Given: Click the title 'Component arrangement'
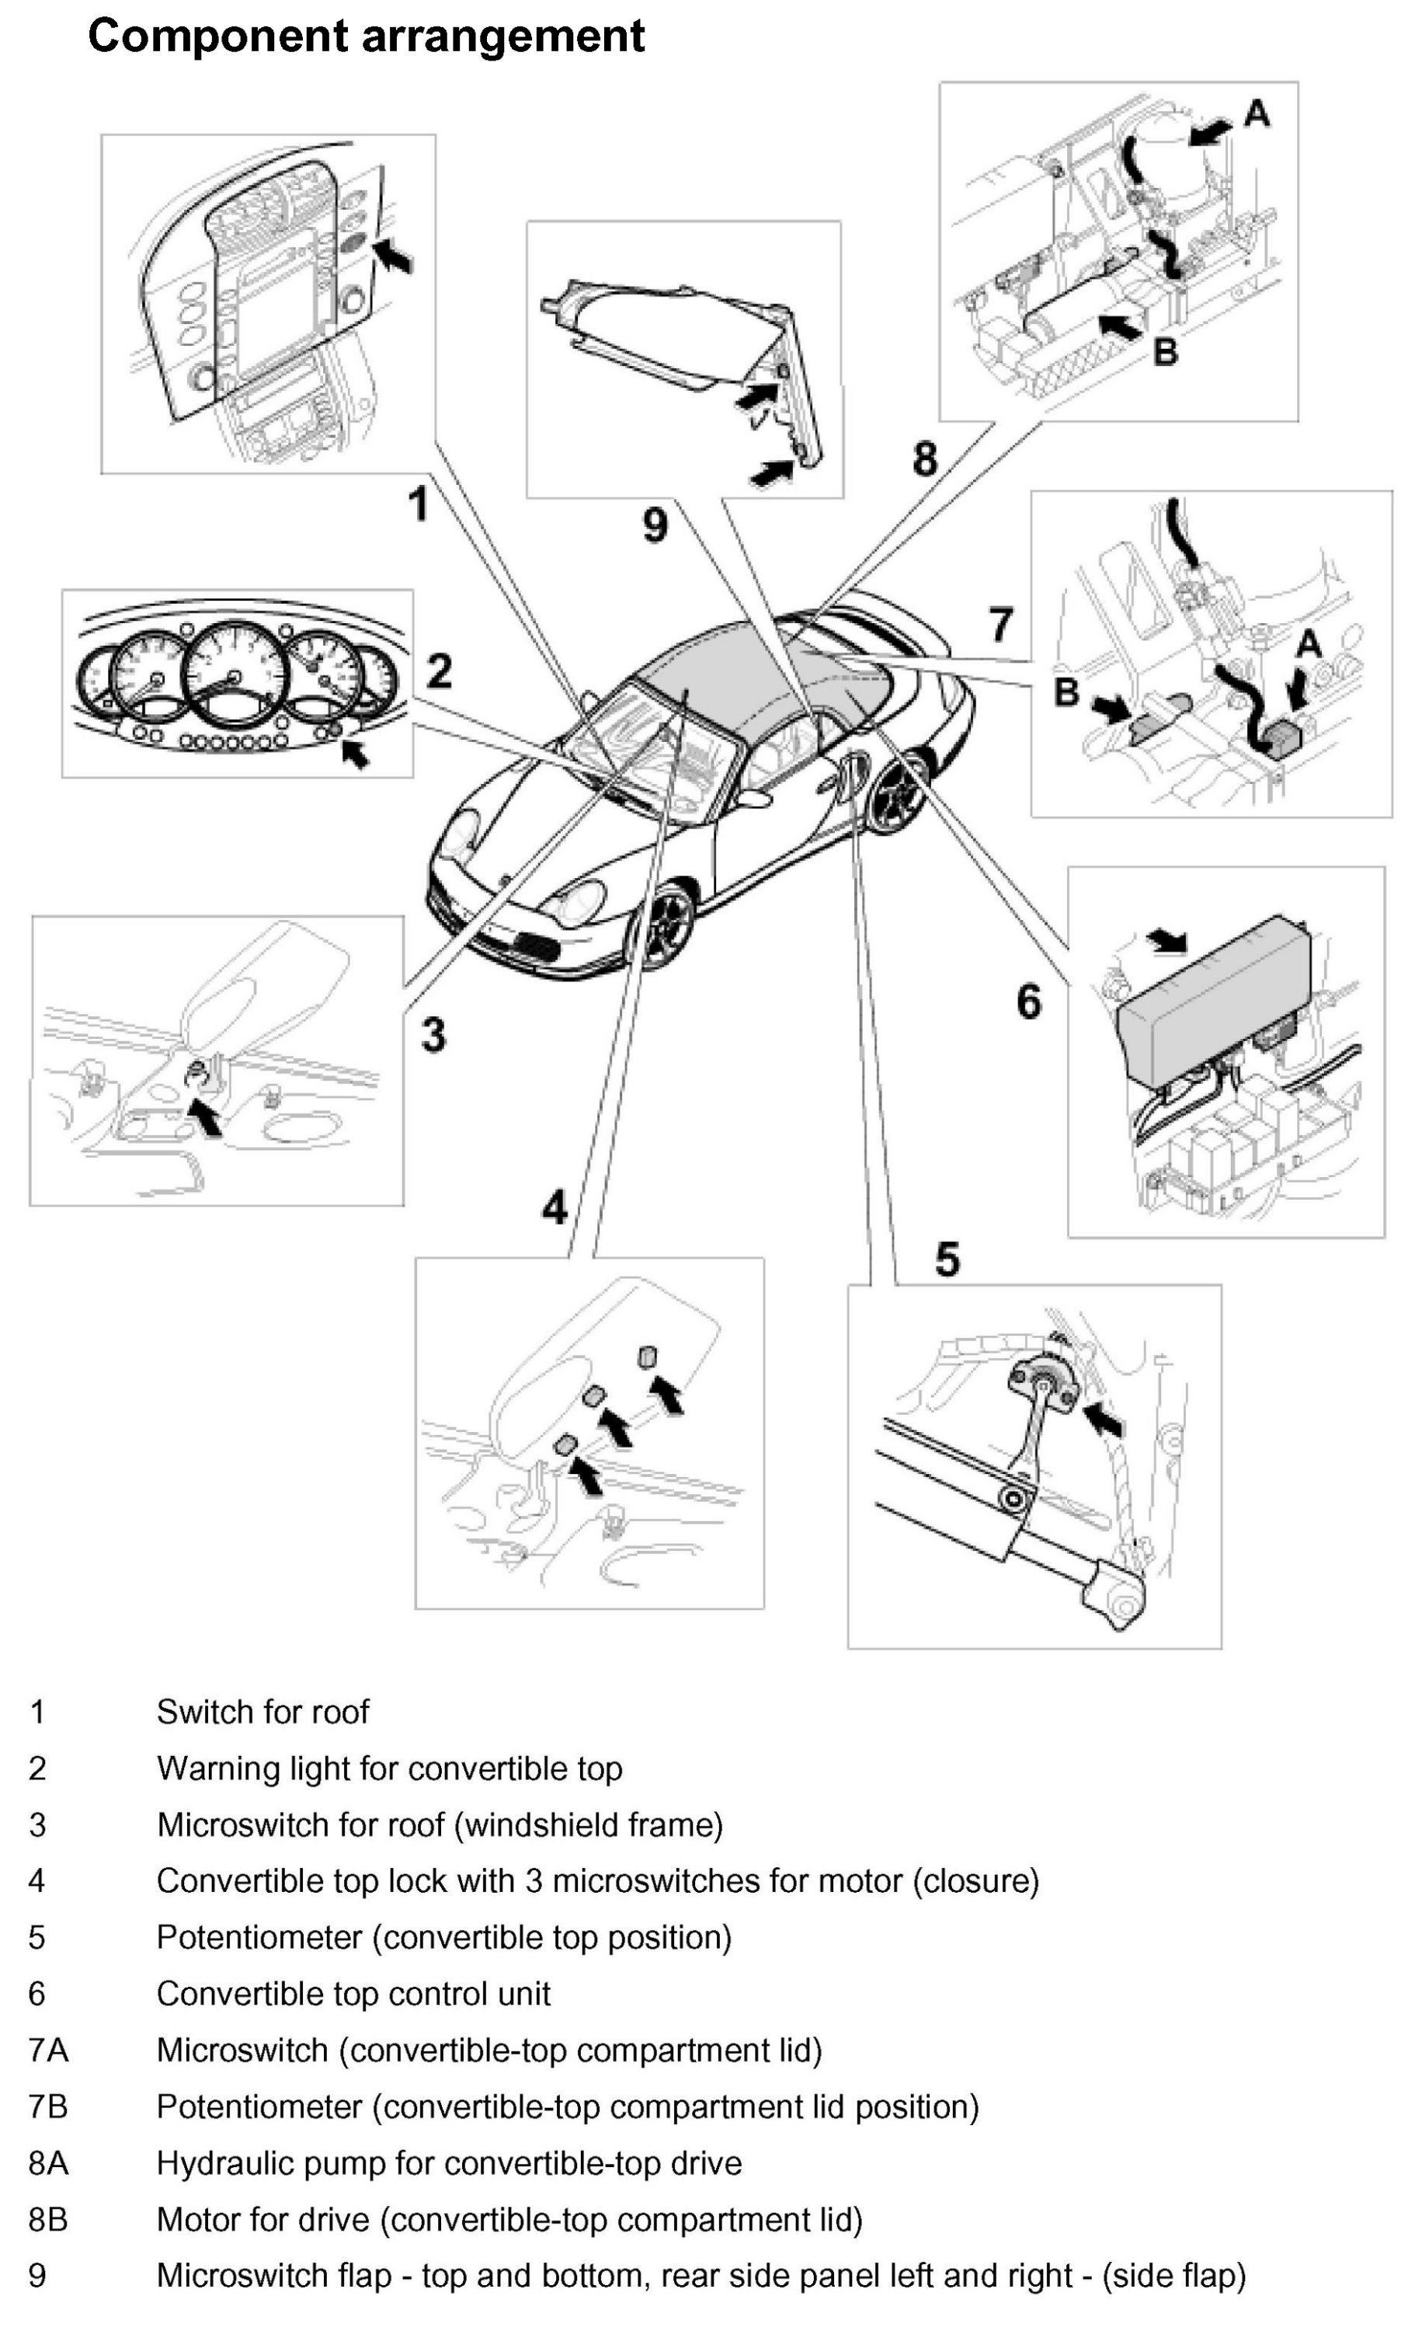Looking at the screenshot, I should click(x=365, y=36).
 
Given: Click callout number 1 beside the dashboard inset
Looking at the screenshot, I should click(x=418, y=503).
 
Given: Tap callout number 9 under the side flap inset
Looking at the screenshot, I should click(x=655, y=523).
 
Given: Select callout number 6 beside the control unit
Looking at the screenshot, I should click(x=1029, y=1001).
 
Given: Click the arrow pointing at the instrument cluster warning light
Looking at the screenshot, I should click(x=355, y=753).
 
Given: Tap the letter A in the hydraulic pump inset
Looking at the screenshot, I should click(x=1255, y=114).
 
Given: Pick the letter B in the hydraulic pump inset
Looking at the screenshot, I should click(x=1165, y=352).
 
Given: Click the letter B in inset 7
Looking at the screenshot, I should click(x=1066, y=692).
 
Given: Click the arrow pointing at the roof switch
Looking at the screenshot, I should click(x=395, y=255).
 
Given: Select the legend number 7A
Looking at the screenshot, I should click(x=48, y=2050).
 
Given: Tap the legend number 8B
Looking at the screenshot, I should click(x=48, y=2219).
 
